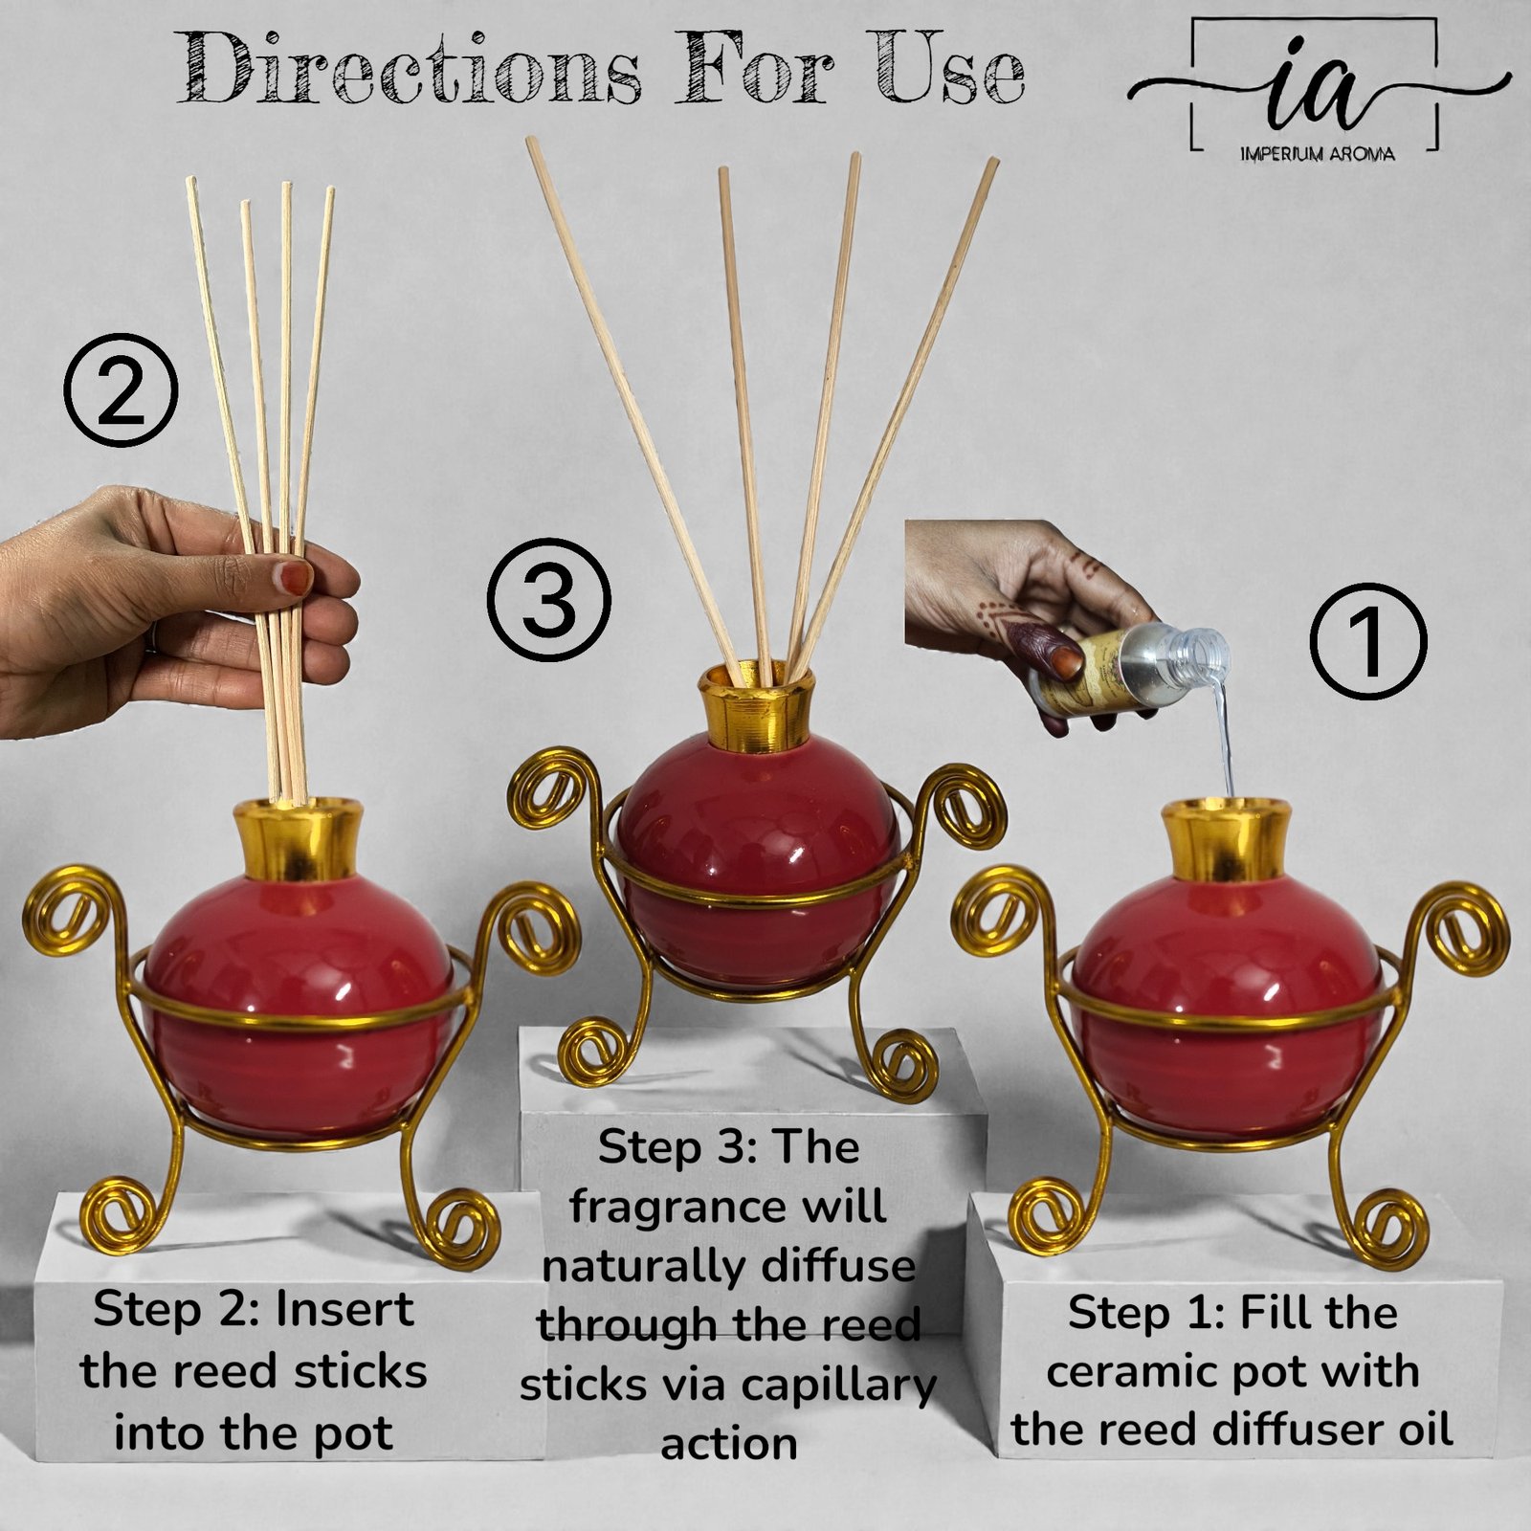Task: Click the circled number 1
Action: point(1367,641)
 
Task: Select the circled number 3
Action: point(548,601)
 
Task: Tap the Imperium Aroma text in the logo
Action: point(1317,153)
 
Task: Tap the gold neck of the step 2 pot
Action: point(299,842)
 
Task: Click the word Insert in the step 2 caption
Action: point(344,1310)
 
